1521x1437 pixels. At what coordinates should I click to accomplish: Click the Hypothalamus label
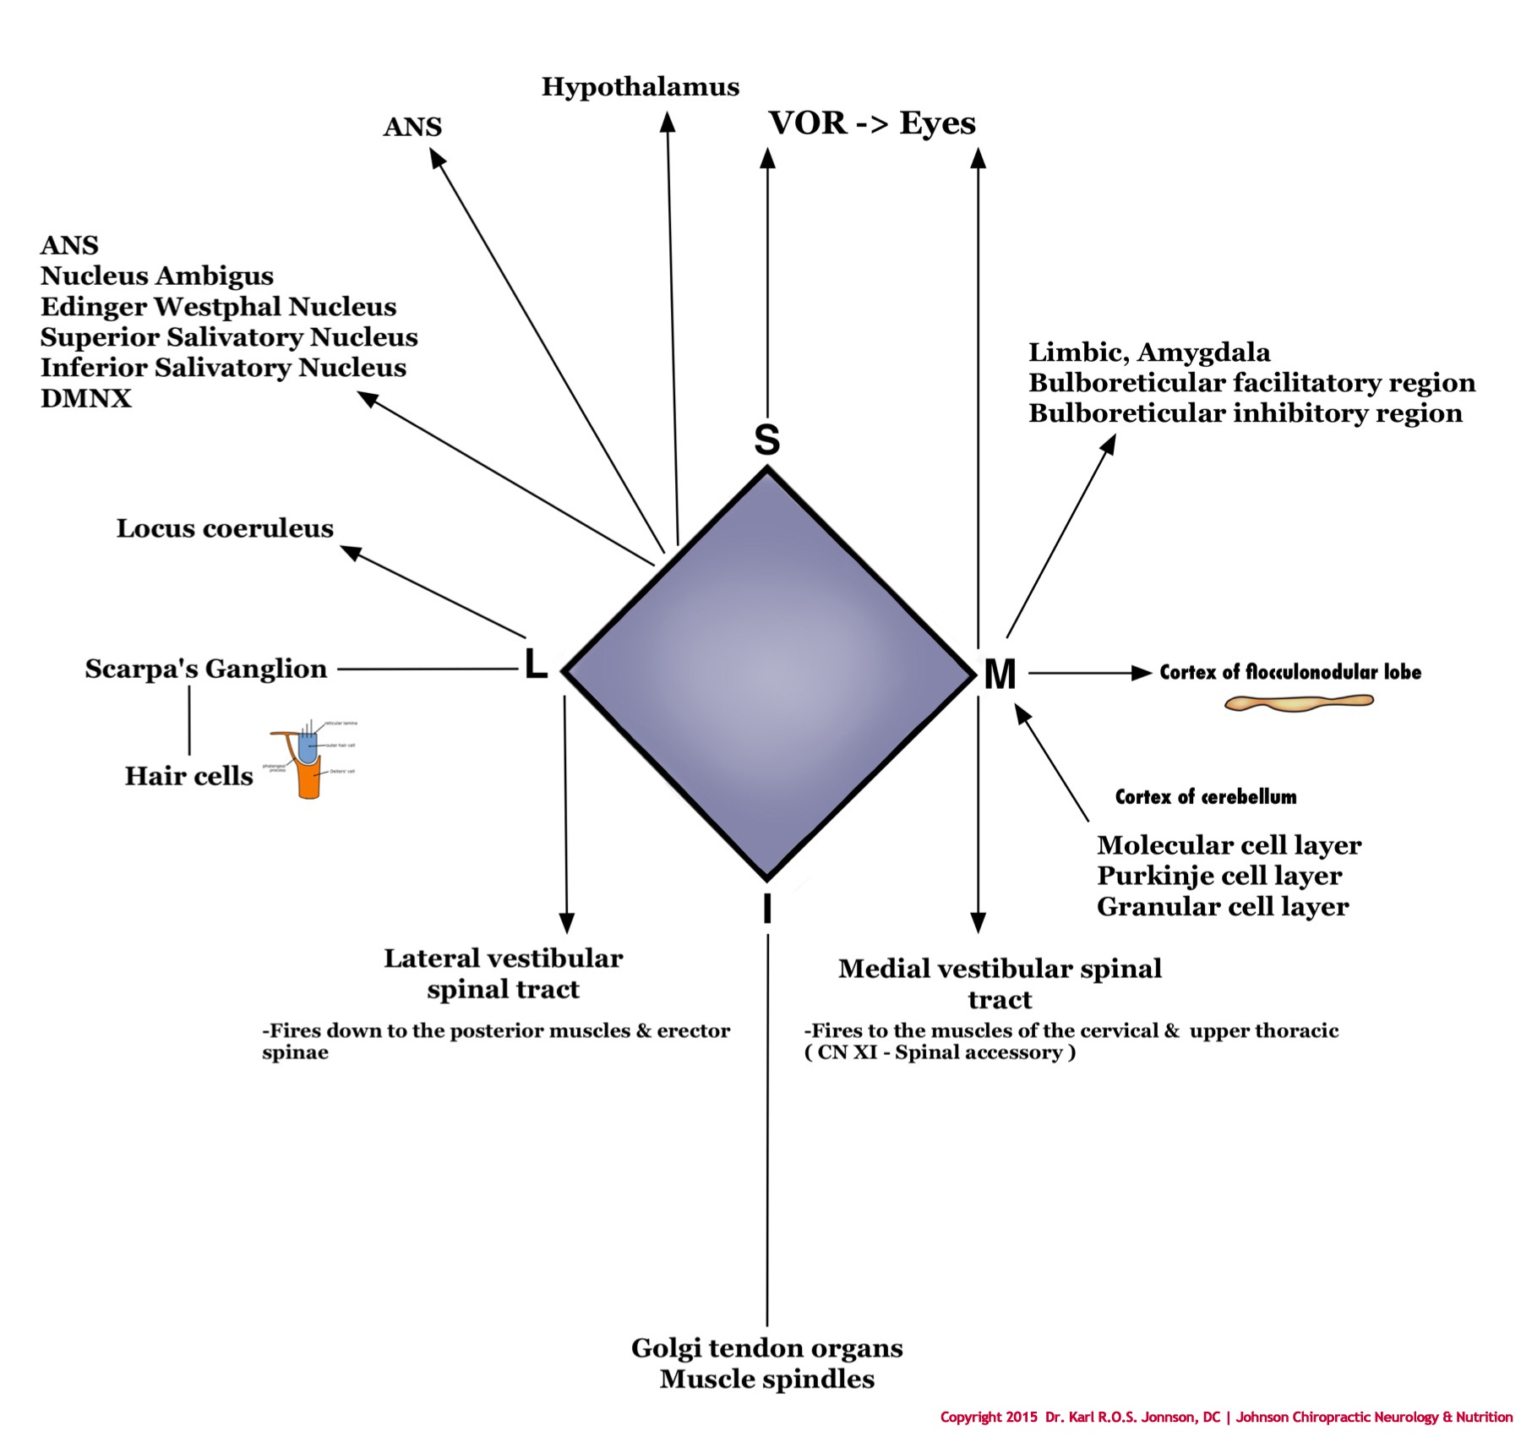coord(640,87)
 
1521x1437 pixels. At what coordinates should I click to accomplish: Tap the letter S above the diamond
coord(766,440)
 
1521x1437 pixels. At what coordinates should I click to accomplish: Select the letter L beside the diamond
coord(535,664)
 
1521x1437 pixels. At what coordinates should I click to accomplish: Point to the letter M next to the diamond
coord(1000,675)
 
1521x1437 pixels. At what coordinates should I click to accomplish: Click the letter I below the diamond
coord(766,910)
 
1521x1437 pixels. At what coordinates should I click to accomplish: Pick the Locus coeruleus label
coord(225,528)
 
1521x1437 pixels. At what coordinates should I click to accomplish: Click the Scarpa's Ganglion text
coord(205,669)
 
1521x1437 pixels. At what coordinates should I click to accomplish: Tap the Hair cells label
coord(188,776)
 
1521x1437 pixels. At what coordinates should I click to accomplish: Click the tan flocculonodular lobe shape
coord(1298,702)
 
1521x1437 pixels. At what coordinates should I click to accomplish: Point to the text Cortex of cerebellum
coord(1205,797)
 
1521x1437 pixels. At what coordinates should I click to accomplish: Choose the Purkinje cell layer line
coord(1218,876)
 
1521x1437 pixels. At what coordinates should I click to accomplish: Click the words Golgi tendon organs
coord(766,1348)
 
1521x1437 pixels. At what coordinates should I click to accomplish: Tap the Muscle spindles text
coord(766,1380)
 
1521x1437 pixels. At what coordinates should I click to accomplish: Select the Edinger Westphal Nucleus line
coord(218,307)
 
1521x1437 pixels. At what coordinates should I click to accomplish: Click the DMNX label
coord(86,398)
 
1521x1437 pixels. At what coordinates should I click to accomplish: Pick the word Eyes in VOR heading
coord(937,123)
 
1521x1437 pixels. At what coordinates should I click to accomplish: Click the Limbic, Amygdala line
coord(1149,352)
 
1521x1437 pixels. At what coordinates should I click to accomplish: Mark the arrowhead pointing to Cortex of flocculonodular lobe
coord(1142,673)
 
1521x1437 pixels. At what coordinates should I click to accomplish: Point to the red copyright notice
coord(1226,1418)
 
